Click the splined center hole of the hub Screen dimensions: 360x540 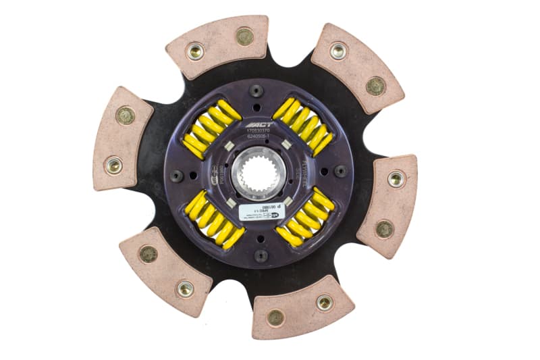[x=256, y=174]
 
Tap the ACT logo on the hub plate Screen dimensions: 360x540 [x=257, y=126]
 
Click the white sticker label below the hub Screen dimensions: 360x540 [x=256, y=211]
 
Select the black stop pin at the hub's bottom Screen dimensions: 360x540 [x=261, y=255]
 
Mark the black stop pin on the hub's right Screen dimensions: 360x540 [x=340, y=171]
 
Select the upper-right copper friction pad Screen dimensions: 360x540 [x=357, y=68]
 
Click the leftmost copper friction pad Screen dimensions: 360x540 [x=122, y=139]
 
